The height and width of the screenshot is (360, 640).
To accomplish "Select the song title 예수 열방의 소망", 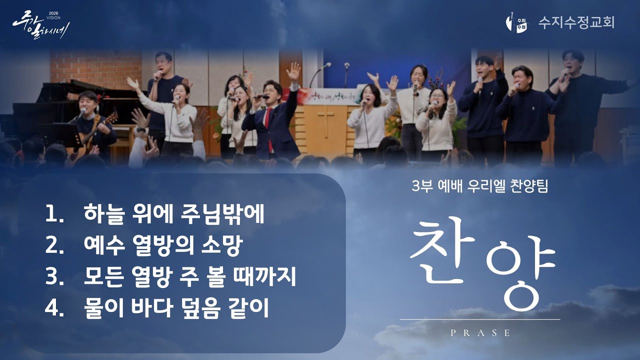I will (163, 246).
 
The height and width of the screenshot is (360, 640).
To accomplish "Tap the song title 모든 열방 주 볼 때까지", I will (190, 277).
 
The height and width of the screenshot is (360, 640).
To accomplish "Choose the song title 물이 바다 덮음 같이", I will (177, 308).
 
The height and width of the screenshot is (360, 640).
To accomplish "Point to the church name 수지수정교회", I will (576, 22).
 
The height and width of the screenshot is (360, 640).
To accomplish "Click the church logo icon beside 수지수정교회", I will (516, 22).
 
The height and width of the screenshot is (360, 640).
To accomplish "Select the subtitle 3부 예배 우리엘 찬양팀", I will (479, 186).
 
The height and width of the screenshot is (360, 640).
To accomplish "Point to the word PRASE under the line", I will (480, 333).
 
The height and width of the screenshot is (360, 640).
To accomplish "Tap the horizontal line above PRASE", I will (480, 319).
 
